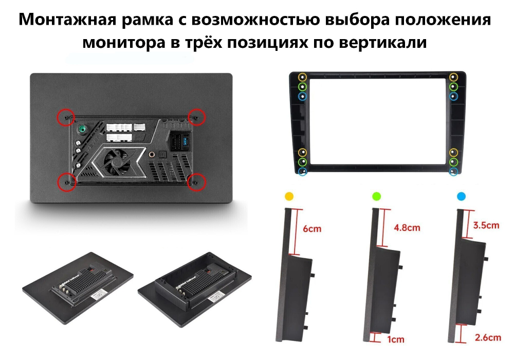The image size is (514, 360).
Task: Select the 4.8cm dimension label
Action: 406,227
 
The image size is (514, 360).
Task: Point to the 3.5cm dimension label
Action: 486,225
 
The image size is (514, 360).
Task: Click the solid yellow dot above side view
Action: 289,196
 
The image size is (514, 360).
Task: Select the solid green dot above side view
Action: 376,196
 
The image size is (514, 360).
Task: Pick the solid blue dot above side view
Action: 461,196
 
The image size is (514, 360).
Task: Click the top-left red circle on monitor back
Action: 65,117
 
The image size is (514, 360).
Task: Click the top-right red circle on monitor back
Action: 197,117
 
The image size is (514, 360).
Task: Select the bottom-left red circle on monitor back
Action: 65,182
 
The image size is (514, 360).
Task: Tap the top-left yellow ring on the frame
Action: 303,77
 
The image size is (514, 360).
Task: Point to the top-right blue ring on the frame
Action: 453,96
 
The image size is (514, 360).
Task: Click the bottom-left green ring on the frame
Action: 303,162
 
